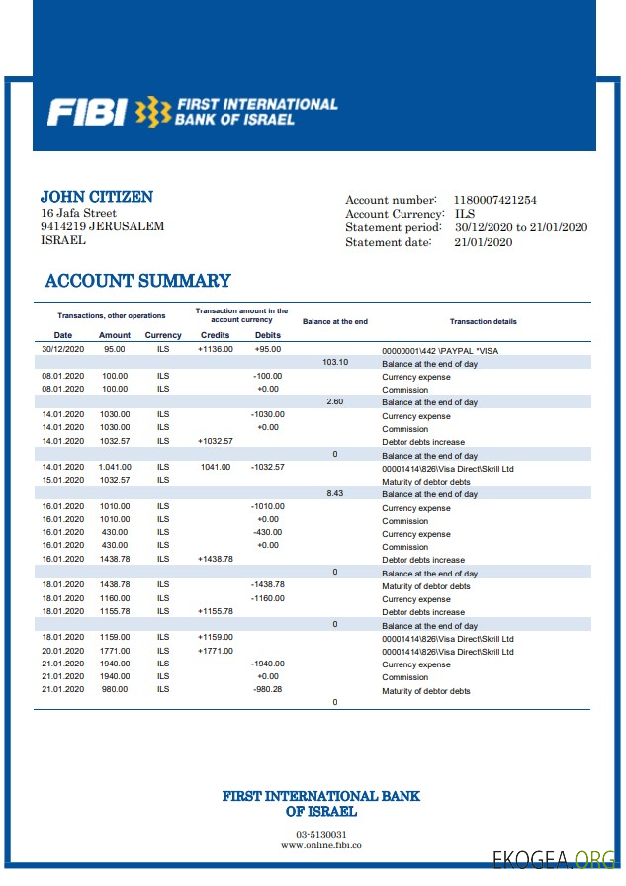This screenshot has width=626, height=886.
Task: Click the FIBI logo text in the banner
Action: coord(86,112)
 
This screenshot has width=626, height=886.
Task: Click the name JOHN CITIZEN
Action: coord(96,197)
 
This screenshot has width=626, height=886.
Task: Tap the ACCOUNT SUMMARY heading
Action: coord(137,281)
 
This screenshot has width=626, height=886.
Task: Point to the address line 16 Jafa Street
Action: coord(78,213)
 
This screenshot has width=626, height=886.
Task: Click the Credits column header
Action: coord(215,335)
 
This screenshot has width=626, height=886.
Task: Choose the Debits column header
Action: coord(268,335)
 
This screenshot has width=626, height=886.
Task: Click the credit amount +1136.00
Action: coord(215,349)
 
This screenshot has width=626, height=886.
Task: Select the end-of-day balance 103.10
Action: coord(335,362)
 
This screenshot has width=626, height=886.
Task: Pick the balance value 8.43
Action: coord(335,493)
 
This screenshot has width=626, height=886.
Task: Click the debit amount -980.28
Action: coord(267,690)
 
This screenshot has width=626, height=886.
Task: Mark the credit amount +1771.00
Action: coord(216,651)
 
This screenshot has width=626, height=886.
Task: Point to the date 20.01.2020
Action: coord(63,651)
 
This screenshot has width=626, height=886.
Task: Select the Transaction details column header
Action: coord(483,322)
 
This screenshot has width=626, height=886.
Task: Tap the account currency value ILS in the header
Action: coord(464,214)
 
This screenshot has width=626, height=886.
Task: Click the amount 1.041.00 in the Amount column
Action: coord(115,467)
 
